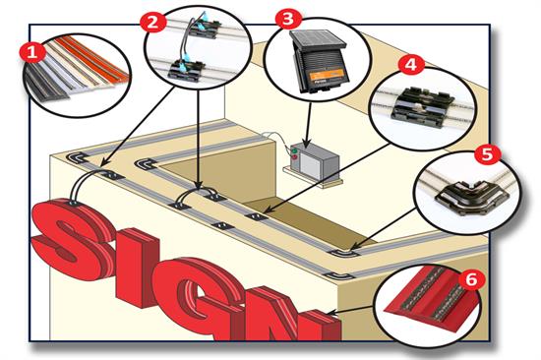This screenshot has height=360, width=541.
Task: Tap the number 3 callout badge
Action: [x=287, y=19]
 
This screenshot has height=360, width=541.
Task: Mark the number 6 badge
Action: [x=472, y=279]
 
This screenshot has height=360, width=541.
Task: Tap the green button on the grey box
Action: [x=292, y=153]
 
